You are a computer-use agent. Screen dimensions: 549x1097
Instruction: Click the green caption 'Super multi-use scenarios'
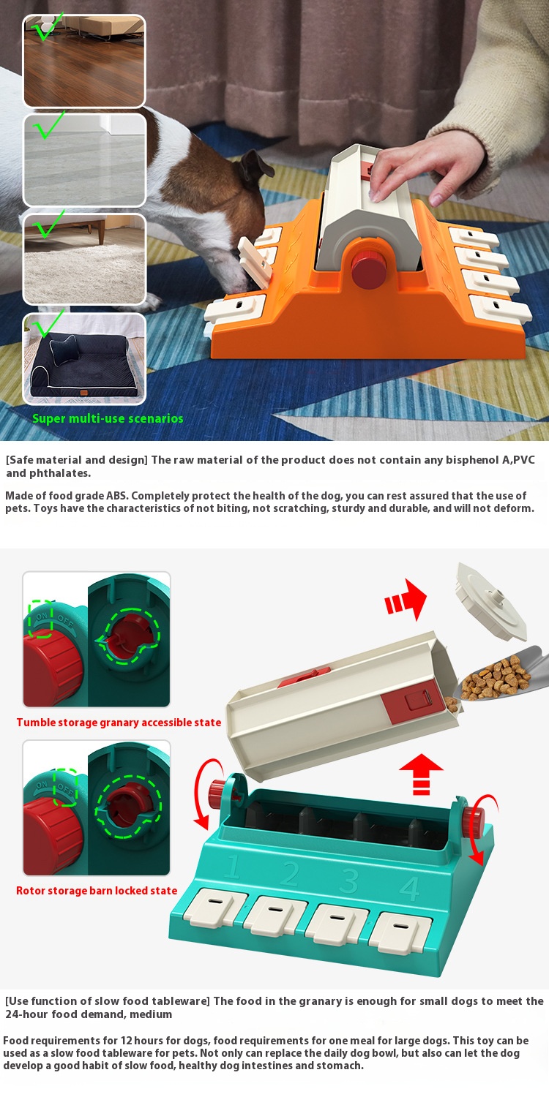point(108,418)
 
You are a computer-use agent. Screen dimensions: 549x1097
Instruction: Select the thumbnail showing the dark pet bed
point(84,359)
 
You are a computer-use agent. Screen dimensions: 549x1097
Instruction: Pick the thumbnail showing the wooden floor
point(84,61)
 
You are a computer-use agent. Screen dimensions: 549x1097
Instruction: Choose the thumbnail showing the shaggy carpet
point(84,259)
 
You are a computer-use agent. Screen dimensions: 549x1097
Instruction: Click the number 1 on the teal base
point(233,867)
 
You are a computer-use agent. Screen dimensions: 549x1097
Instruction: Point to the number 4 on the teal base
point(410,888)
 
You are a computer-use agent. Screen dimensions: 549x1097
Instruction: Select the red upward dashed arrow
point(421,774)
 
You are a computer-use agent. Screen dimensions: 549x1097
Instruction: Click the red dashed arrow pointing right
point(406,599)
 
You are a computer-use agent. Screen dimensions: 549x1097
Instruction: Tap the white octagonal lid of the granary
point(491,602)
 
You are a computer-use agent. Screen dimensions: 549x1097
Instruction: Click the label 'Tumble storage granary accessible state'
point(119,723)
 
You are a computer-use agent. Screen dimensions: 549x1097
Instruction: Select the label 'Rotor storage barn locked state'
point(97,891)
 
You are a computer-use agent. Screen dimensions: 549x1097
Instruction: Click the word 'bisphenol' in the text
point(471,460)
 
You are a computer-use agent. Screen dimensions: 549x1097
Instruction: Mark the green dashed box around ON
point(41,619)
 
